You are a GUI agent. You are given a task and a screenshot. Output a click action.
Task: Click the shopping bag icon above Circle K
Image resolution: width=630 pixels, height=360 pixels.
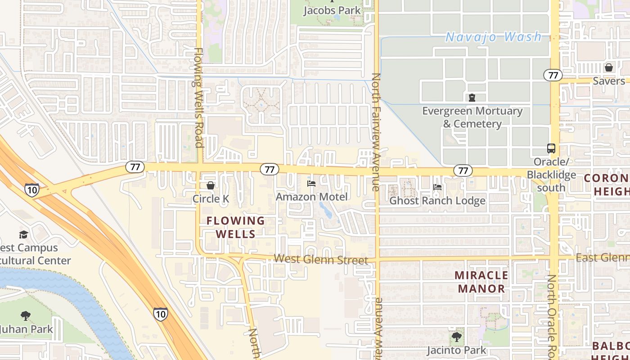pyautogui.click(x=210, y=185)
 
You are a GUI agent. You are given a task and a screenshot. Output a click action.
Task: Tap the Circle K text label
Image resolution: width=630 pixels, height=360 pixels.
pyautogui.click(x=211, y=198)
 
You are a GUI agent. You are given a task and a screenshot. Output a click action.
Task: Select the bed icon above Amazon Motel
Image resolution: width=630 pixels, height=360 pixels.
pyautogui.click(x=311, y=183)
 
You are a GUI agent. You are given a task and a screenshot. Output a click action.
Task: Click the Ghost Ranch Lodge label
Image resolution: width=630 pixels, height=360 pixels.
pyautogui.click(x=437, y=201)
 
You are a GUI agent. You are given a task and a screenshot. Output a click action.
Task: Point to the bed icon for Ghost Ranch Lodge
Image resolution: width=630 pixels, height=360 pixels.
pyautogui.click(x=437, y=187)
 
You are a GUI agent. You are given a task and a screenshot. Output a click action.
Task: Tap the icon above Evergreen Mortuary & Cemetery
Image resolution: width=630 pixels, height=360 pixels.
pyautogui.click(x=472, y=97)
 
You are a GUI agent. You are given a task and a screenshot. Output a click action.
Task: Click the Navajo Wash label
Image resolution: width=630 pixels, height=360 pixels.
pyautogui.click(x=493, y=37)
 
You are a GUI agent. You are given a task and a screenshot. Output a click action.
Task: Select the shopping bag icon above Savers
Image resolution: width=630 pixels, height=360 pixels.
pyautogui.click(x=609, y=67)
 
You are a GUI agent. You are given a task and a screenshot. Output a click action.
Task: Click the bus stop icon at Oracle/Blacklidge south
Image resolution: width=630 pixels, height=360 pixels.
pyautogui.click(x=551, y=148)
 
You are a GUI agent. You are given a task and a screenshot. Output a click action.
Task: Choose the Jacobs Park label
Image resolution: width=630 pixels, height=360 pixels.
pyautogui.click(x=332, y=10)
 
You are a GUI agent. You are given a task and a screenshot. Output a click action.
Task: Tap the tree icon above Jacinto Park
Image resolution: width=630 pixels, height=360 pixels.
pyautogui.click(x=456, y=337)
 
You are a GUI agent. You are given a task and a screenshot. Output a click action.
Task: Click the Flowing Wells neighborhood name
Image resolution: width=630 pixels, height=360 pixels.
pyautogui.click(x=236, y=227)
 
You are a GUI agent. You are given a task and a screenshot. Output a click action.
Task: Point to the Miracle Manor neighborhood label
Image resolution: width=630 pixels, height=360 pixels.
pyautogui.click(x=481, y=282)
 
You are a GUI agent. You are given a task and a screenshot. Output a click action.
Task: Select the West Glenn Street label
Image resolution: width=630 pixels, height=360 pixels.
pyautogui.click(x=321, y=259)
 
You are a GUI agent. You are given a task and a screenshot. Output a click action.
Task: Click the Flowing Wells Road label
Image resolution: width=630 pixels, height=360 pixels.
pyautogui.click(x=198, y=98)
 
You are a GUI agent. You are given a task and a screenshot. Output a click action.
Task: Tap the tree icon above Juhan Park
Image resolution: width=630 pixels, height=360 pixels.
pyautogui.click(x=25, y=316)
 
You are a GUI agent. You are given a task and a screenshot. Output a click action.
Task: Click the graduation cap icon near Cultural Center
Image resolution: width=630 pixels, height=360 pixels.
pyautogui.click(x=23, y=234)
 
